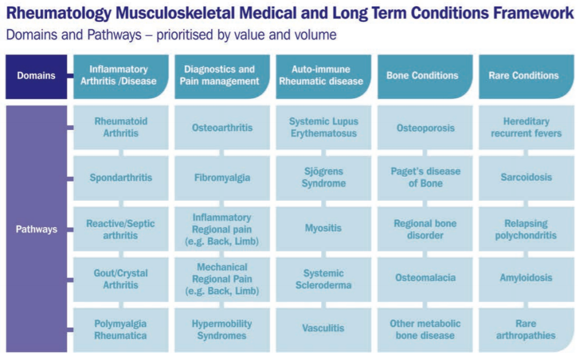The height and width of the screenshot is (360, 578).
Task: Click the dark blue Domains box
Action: tap(36, 77)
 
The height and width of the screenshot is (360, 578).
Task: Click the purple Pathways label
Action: tap(36, 229)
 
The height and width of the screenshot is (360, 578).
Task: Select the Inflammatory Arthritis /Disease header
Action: tap(121, 77)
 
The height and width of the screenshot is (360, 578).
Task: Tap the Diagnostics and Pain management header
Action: tap(222, 77)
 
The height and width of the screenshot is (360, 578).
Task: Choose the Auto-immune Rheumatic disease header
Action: tap(323, 77)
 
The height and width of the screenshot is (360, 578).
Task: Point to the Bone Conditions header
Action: tap(425, 77)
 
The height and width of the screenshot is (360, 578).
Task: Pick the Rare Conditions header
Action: tap(526, 77)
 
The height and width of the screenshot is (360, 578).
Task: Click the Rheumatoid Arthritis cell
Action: tap(121, 128)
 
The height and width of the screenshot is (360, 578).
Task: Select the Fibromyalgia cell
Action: tap(222, 178)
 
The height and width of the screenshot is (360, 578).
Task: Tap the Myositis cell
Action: tap(323, 229)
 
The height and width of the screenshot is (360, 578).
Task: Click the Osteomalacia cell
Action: tap(425, 279)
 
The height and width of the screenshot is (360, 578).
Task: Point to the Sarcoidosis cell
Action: tap(526, 178)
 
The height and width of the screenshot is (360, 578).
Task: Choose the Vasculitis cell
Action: tap(323, 330)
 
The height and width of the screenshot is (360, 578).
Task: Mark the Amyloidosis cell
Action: tap(526, 279)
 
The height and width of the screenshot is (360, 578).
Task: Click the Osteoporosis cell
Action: tap(425, 128)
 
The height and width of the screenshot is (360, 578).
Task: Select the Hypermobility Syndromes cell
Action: tap(222, 330)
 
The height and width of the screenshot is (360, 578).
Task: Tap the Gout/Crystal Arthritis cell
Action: tap(121, 279)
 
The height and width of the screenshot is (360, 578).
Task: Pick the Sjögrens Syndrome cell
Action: tap(323, 178)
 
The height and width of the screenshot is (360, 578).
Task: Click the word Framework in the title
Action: tap(533, 13)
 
